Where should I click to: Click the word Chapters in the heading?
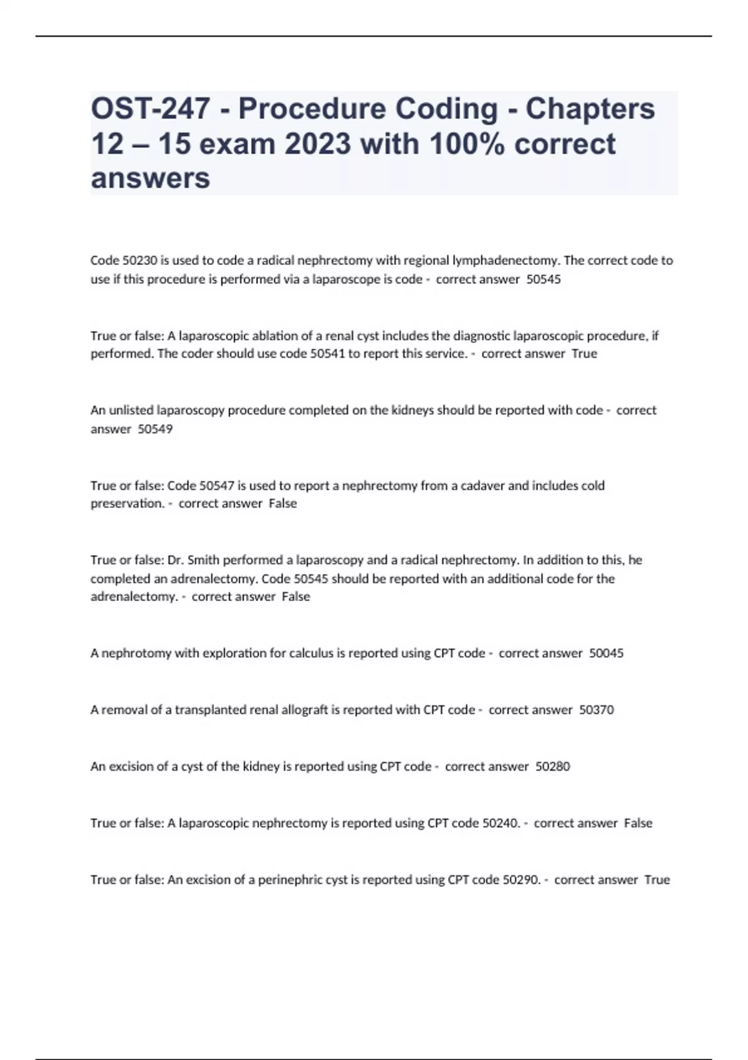point(590,109)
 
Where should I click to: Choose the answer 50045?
point(606,653)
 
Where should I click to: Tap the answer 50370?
point(597,710)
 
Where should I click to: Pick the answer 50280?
point(553,766)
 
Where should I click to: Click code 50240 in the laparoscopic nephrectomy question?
point(501,823)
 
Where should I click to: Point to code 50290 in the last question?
point(521,880)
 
